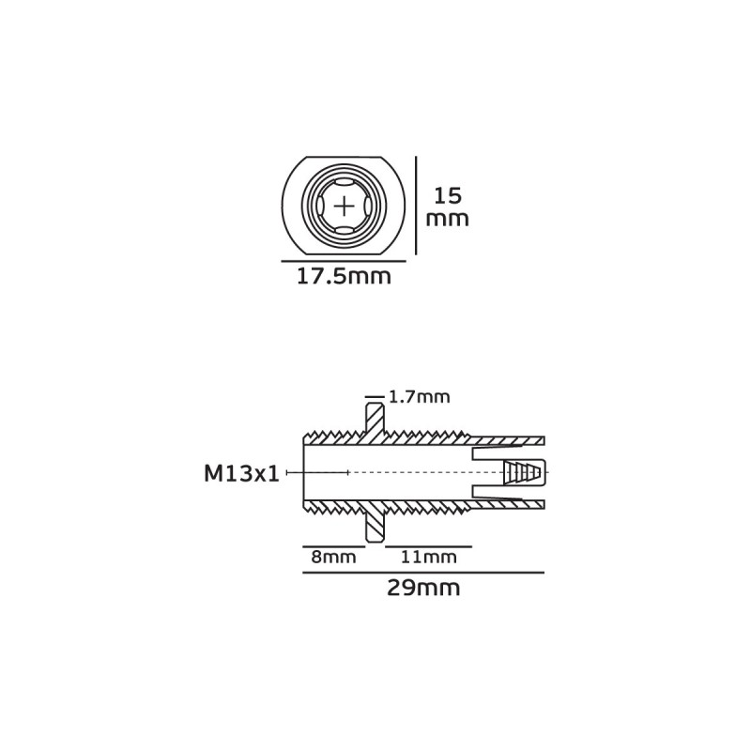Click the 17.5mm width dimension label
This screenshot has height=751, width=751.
344,277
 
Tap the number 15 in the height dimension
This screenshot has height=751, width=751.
448,195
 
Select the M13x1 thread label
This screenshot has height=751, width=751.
241,474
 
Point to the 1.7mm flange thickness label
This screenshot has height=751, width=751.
420,397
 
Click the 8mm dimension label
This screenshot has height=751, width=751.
334,557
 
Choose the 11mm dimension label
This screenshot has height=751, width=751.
429,557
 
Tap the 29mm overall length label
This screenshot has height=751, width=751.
423,588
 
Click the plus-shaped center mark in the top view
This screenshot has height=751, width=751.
344,207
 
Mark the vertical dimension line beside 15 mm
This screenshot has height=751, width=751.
416,206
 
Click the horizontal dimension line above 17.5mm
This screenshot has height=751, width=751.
344,262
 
